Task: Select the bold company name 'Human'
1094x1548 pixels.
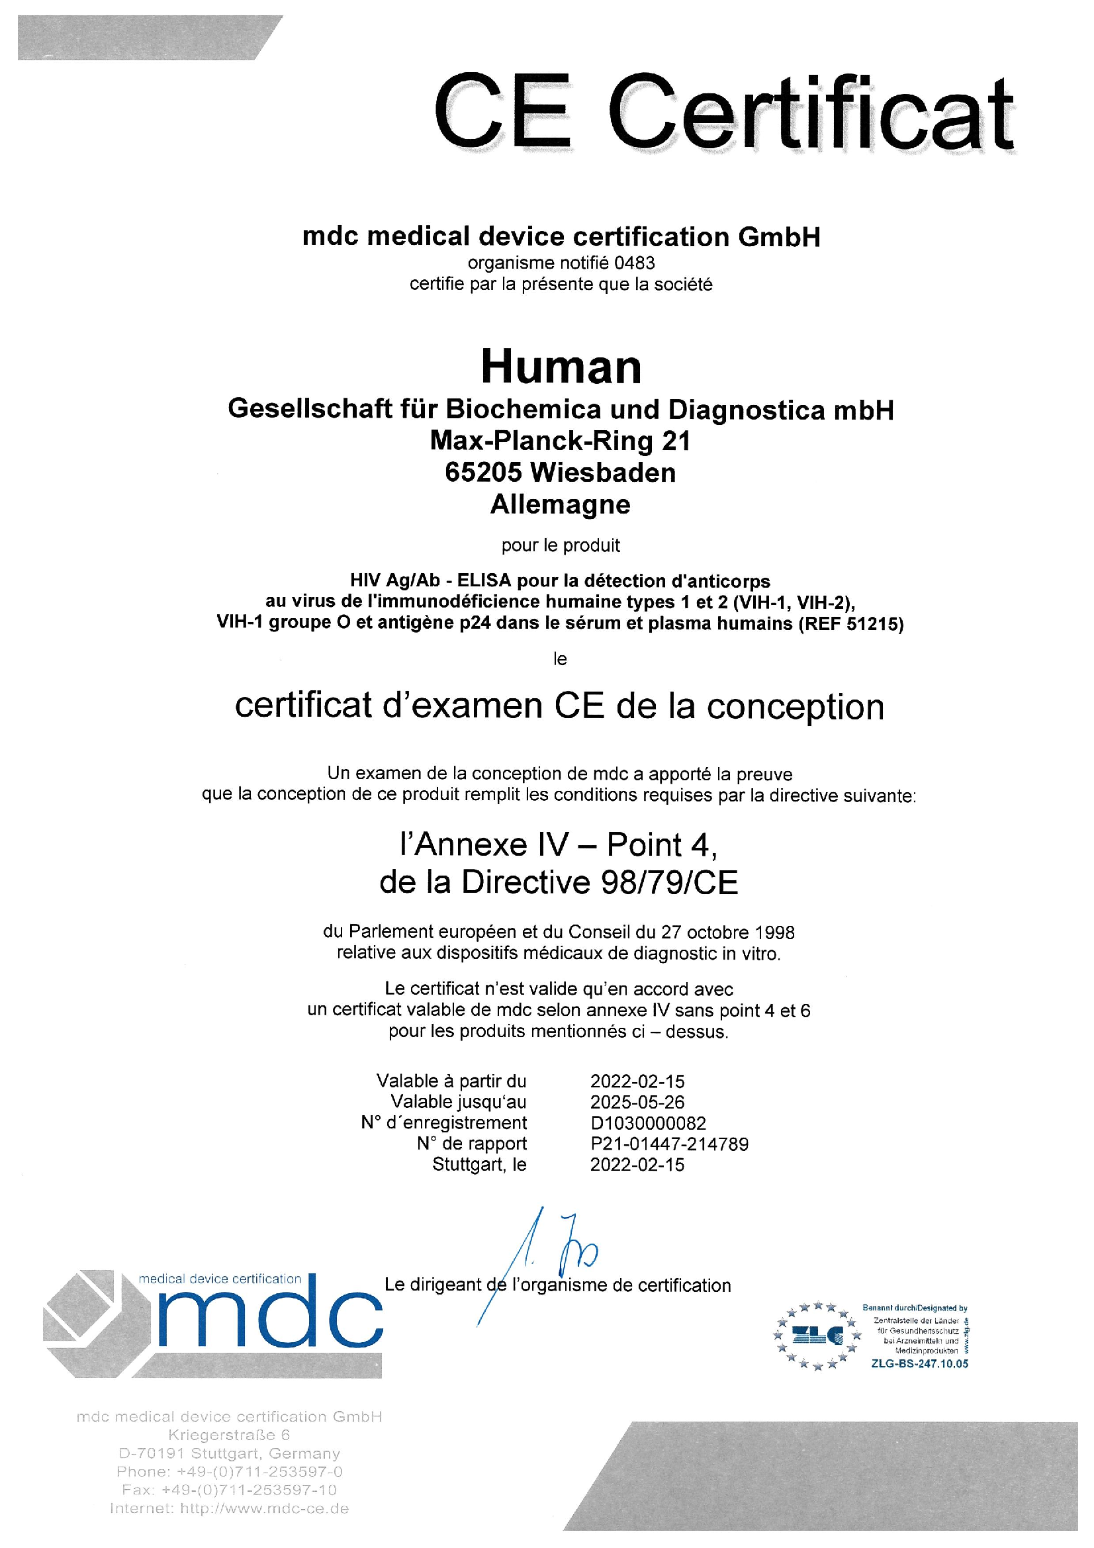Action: (x=561, y=367)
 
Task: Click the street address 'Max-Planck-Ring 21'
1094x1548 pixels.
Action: (x=560, y=441)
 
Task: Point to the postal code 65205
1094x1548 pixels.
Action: (x=482, y=473)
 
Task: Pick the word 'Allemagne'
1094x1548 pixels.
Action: (x=560, y=504)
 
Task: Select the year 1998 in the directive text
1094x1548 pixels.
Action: (x=774, y=933)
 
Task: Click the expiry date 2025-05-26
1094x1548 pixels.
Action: (x=637, y=1103)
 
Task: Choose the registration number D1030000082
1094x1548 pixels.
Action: (x=648, y=1123)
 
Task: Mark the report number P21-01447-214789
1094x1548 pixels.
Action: (x=668, y=1144)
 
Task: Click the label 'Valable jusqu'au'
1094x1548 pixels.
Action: (x=459, y=1102)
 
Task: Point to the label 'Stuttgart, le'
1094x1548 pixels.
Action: (x=479, y=1164)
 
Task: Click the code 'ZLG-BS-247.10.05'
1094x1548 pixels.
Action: (x=919, y=1363)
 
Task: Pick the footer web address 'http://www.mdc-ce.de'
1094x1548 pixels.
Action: (x=264, y=1508)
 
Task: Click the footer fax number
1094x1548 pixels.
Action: (x=229, y=1489)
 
